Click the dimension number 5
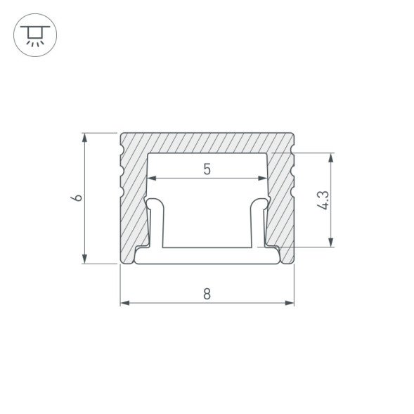(207, 169)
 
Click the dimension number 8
(207, 294)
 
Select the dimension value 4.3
(322, 200)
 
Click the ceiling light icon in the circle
(32, 32)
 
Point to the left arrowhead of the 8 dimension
(124, 303)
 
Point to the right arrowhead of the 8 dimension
(290, 303)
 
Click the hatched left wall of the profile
(134, 204)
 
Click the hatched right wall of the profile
(280, 204)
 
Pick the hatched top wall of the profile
(207, 142)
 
